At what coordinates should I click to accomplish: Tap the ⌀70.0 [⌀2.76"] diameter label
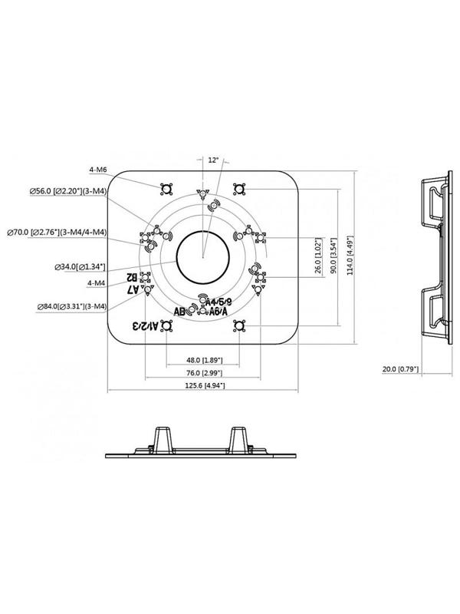click(56, 231)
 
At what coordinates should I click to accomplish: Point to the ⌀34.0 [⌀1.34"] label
click(80, 266)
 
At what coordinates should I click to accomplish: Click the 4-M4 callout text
click(97, 284)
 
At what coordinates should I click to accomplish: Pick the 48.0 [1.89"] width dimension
click(203, 359)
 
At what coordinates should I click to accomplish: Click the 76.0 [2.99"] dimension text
click(203, 373)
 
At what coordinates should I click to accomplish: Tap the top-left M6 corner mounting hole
click(166, 189)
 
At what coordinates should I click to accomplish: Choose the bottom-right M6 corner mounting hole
click(239, 325)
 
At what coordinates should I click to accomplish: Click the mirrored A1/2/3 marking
click(144, 326)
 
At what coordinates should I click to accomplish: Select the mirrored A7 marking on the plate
click(131, 289)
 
